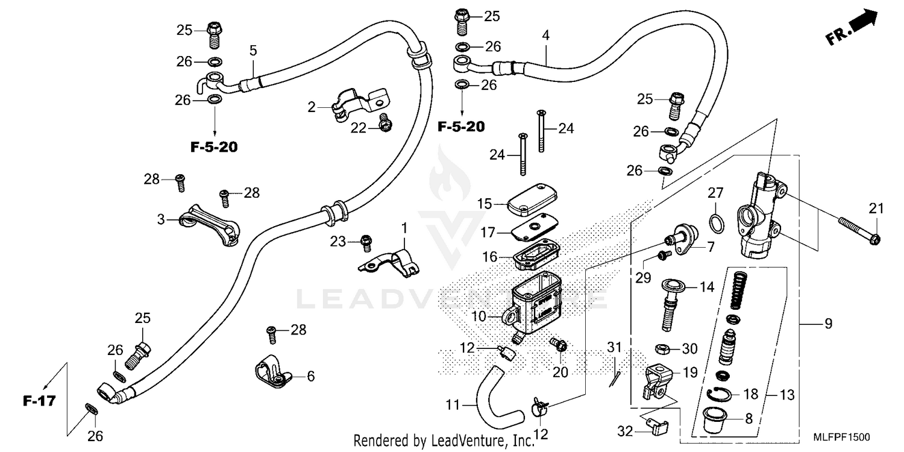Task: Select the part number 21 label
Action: pos(876,209)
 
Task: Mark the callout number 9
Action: pos(828,324)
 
